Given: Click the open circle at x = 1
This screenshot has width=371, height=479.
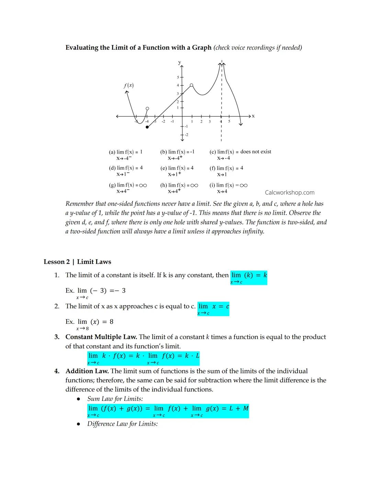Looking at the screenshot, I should tap(192, 85).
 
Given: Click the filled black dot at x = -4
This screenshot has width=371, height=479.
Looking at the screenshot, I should tap(147, 127).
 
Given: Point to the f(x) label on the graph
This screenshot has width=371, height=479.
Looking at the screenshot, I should tap(128, 85).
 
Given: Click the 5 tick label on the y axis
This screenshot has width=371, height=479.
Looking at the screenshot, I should tap(178, 77).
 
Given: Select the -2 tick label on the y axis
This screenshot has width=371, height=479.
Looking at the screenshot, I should tap(186, 135).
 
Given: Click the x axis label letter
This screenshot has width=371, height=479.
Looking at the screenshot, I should tap(254, 116).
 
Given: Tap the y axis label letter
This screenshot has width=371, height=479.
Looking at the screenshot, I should tap(179, 62).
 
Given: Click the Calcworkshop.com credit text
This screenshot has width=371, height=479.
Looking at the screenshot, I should tap(290, 192).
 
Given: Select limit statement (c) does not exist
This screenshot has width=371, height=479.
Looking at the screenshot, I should tap(240, 154).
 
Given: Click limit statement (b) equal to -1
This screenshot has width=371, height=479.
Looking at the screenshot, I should tap(177, 154).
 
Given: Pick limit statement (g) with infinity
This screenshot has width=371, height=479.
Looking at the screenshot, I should tap(128, 188).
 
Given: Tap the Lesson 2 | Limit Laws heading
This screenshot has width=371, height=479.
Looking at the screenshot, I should tap(77, 262).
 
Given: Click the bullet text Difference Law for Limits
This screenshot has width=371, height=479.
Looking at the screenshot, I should tap(122, 424).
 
